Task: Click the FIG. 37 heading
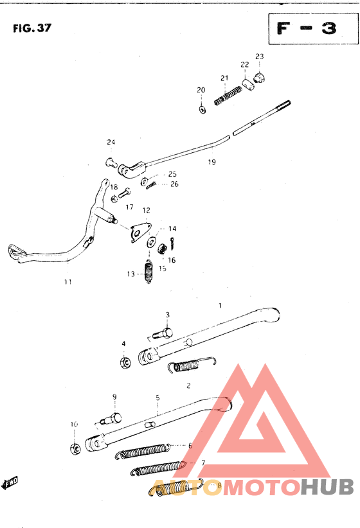coord(32,28)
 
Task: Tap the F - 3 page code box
coord(313,29)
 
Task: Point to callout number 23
coord(260,57)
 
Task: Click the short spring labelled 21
coord(228,96)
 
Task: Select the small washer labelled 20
coord(203,109)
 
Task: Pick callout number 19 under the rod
coord(212,162)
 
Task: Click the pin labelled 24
coord(111,163)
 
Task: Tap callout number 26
coord(174,184)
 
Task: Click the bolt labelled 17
coord(125,193)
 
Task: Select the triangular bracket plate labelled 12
coord(140,231)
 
